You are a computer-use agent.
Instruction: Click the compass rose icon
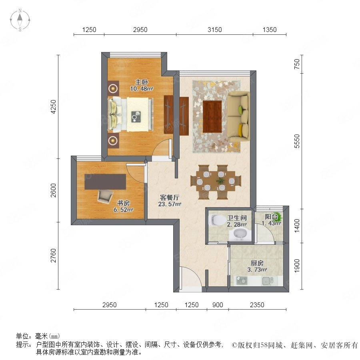click(20, 20)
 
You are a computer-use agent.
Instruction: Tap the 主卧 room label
click(142, 82)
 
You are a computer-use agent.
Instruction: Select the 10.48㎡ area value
click(142, 89)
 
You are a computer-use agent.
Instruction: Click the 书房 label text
click(123, 203)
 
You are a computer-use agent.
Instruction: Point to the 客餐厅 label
click(170, 198)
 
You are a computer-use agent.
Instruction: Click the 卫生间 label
click(237, 218)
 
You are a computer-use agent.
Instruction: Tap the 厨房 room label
click(257, 263)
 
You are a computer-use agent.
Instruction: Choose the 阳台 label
click(271, 216)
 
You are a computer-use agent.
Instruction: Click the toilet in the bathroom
click(217, 220)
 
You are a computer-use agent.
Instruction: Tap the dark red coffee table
click(212, 117)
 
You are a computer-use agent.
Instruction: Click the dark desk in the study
click(105, 182)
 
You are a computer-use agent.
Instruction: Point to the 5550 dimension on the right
click(297, 141)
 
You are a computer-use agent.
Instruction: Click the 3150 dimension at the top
click(215, 30)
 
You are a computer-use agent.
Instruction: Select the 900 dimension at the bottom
click(218, 305)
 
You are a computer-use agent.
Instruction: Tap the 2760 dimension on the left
click(53, 256)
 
